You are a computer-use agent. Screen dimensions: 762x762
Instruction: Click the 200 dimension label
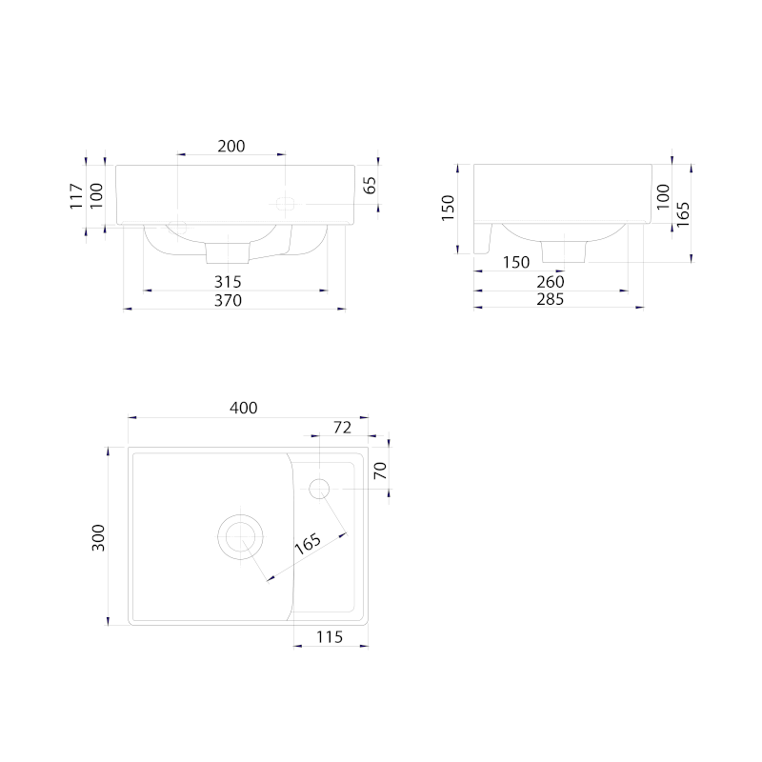[x=231, y=146]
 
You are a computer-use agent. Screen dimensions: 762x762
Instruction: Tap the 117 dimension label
[x=76, y=196]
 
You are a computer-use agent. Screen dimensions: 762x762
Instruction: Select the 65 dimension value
[x=370, y=185]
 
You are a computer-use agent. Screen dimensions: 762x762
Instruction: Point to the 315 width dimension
[x=228, y=281]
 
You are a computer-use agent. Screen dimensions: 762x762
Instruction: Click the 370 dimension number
[x=228, y=300]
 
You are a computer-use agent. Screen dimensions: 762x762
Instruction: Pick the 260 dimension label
[x=551, y=281]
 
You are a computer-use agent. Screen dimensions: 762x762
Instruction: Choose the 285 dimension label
[x=551, y=299]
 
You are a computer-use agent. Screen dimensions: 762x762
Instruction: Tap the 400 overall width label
[x=244, y=408]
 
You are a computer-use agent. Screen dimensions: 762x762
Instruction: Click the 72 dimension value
[x=342, y=427]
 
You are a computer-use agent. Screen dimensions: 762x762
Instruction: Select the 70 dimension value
[x=380, y=471]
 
